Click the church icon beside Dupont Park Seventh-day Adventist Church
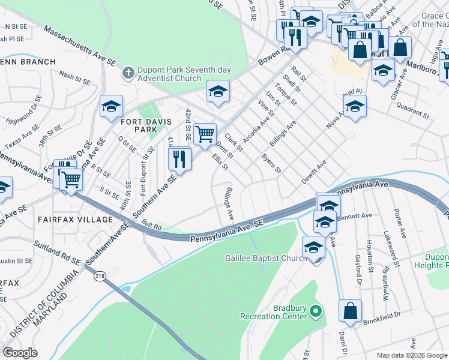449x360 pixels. point(127,74)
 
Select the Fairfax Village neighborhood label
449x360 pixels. point(75,220)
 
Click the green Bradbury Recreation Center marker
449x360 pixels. point(316,311)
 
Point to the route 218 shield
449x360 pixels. point(98,277)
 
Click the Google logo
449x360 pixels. point(20,353)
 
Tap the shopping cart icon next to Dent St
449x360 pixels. point(205,134)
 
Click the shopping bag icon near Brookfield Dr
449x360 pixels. point(350,311)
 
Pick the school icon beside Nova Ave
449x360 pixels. point(355,106)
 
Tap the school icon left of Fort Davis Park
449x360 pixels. point(111,106)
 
